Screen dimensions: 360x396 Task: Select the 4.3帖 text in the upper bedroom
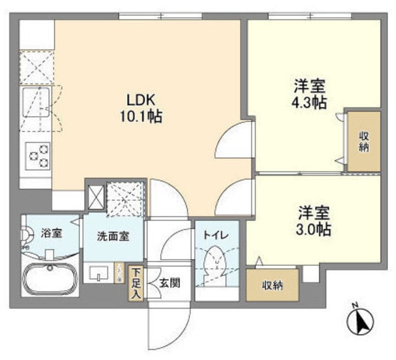click(309, 102)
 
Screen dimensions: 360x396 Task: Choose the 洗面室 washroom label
click(113, 236)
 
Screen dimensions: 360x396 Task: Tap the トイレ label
click(217, 234)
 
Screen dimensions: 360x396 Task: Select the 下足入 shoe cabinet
click(136, 283)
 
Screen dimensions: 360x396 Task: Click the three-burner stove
click(37, 154)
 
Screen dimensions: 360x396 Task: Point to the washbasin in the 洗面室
click(98, 273)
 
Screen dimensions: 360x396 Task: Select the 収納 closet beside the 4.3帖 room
click(363, 142)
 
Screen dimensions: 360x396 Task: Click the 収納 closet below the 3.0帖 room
click(272, 285)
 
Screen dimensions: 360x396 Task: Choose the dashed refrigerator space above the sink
click(35, 68)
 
